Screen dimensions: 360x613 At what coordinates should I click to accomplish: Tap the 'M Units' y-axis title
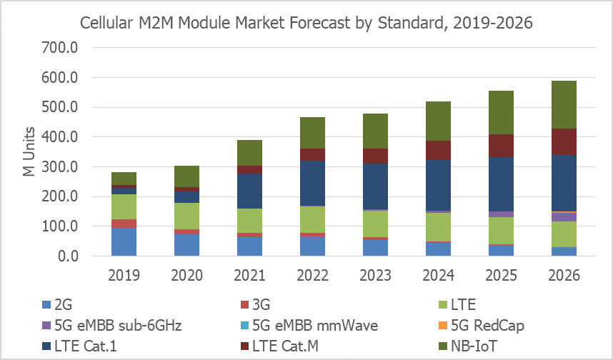click(x=28, y=153)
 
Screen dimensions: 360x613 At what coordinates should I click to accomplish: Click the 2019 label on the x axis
click(x=124, y=275)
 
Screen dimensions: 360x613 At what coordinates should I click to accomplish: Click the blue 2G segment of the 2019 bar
click(x=124, y=242)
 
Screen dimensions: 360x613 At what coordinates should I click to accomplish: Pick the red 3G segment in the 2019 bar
click(x=124, y=224)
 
